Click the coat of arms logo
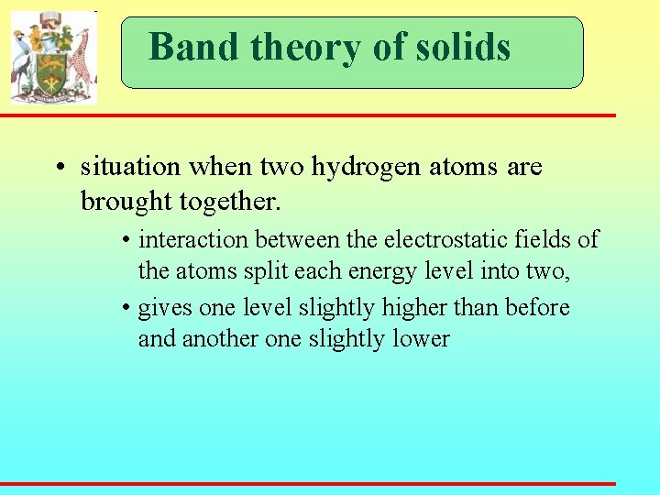point(53,57)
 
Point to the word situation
point(131,167)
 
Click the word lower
point(420,339)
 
